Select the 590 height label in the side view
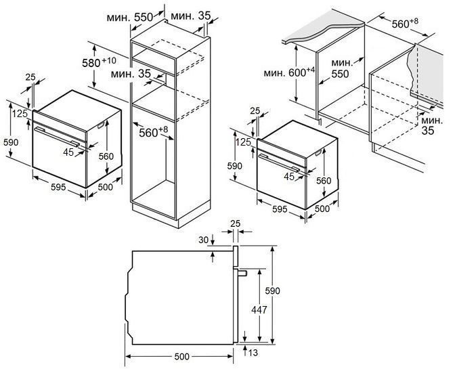tap(272, 290)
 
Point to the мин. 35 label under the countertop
tap(428, 126)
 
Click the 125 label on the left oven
tap(19, 114)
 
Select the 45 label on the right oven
tap(290, 177)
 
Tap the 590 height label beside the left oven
tap(11, 143)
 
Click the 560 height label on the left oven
tap(107, 155)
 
